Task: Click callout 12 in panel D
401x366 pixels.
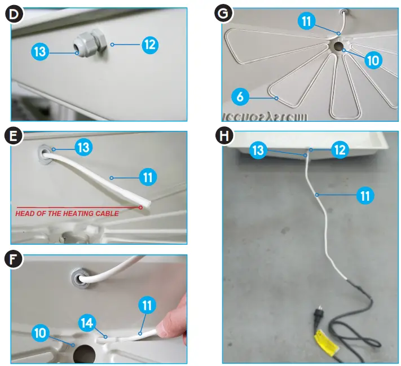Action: (149, 45)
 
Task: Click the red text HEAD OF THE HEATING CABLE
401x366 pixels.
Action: (67, 213)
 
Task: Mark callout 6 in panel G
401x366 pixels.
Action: (240, 96)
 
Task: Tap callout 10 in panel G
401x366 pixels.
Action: (373, 60)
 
